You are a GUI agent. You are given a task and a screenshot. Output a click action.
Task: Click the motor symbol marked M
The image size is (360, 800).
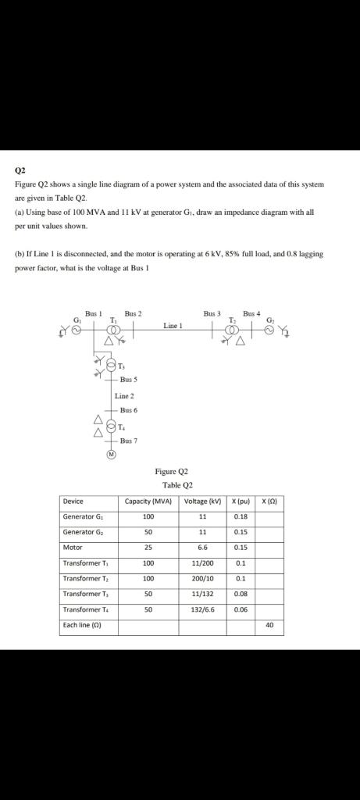point(111,454)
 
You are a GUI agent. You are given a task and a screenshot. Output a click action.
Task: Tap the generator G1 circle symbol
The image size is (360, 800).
point(77,330)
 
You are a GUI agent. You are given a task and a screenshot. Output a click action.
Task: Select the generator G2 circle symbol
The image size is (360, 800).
point(269,330)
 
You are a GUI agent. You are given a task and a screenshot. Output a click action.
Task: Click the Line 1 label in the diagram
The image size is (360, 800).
point(173,324)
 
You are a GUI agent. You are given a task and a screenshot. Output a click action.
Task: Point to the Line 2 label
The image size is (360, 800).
point(125,396)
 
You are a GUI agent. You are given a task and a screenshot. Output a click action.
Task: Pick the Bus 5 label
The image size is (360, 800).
point(128,380)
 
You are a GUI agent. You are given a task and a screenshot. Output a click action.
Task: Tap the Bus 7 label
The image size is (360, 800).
point(128,441)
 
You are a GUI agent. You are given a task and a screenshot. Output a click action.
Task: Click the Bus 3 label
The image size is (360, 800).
point(212,313)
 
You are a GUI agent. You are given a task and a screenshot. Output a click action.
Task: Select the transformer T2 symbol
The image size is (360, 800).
point(233,330)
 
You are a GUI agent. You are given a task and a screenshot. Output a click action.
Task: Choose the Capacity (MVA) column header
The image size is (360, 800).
point(148,501)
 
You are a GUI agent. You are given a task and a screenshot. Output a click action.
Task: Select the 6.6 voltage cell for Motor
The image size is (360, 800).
point(201,547)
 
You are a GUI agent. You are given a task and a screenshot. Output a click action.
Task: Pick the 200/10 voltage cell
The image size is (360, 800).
point(201,578)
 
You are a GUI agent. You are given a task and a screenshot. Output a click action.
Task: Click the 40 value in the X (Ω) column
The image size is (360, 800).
point(269,625)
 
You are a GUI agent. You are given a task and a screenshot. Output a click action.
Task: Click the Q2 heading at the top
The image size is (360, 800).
point(20,169)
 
